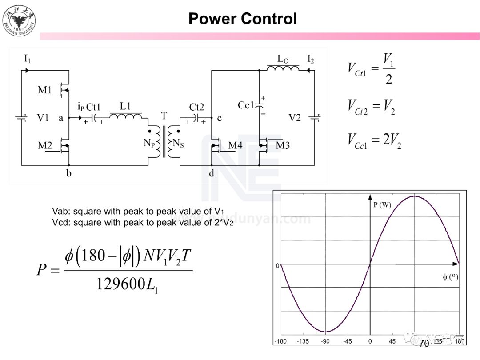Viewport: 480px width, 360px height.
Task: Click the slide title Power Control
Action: (x=242, y=19)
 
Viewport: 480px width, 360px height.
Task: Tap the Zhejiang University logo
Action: (x=19, y=20)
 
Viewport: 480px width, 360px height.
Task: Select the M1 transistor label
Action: (x=45, y=90)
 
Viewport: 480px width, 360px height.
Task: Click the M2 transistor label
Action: (x=45, y=145)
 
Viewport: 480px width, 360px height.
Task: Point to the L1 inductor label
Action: (x=126, y=107)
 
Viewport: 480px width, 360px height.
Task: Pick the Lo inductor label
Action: (x=283, y=59)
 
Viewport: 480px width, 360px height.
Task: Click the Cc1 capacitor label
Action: (x=246, y=105)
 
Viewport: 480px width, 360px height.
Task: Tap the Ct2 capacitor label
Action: (x=196, y=107)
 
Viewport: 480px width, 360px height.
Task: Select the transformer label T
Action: (x=164, y=116)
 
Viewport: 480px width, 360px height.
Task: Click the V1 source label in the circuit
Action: (x=43, y=118)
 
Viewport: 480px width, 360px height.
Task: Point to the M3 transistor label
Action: (x=283, y=145)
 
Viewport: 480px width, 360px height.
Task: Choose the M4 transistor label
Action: (x=235, y=145)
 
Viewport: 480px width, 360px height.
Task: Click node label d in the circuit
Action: (x=212, y=173)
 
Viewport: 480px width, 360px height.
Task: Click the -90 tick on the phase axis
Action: (x=326, y=342)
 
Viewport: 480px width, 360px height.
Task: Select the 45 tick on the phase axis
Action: (x=392, y=342)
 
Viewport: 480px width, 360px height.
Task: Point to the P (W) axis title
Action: (x=382, y=205)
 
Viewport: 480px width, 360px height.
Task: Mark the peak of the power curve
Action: (x=414, y=196)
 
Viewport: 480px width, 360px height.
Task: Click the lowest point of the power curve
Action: (x=326, y=332)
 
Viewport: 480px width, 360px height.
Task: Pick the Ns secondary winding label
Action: (x=178, y=143)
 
